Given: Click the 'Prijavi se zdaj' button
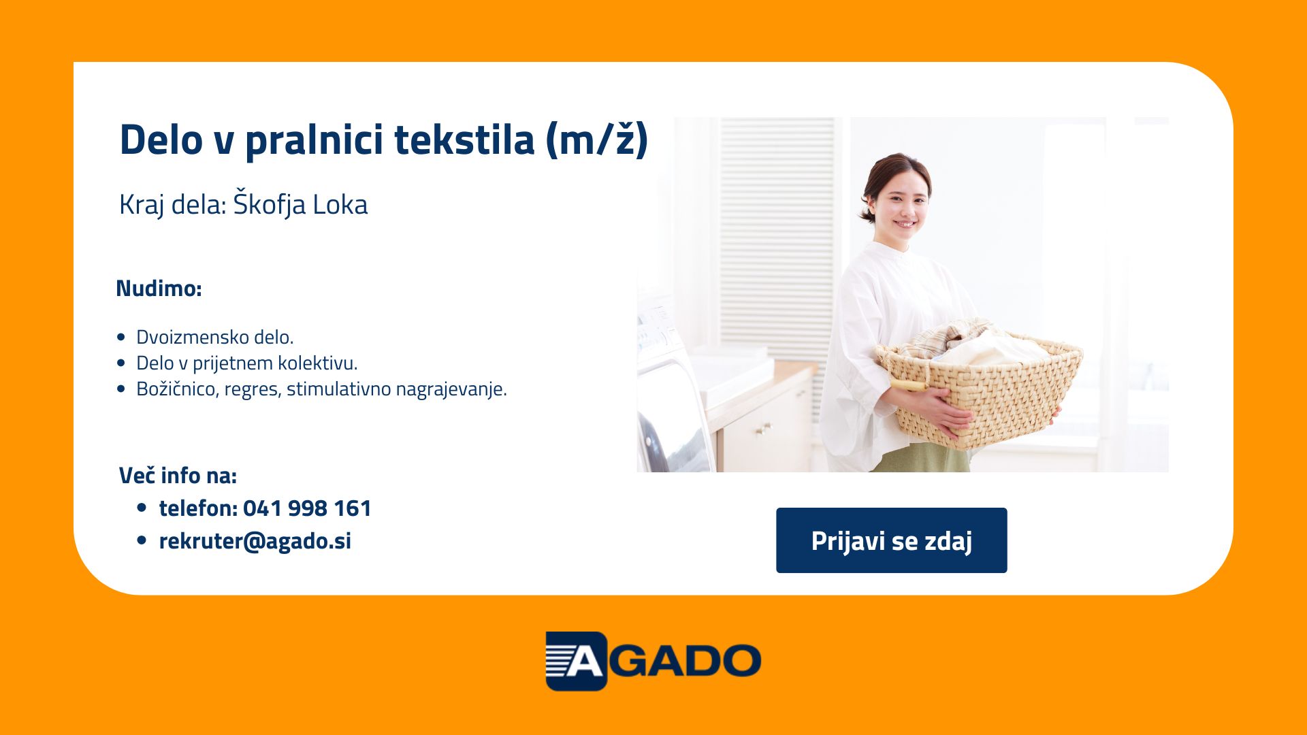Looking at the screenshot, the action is point(891,540).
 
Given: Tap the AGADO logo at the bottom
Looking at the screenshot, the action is point(653,661).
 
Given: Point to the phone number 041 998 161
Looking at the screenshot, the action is point(307,508).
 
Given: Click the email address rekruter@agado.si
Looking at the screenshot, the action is point(255,541).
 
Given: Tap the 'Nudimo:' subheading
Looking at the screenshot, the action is point(159,289).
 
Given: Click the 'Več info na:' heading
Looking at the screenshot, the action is point(178,475).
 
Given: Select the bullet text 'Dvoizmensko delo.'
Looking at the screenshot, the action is point(215,337).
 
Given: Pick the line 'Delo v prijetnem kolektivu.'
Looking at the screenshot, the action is point(247,363).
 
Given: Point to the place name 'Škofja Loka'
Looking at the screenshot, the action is point(300,204).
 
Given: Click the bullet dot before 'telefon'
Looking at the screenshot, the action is point(142,507).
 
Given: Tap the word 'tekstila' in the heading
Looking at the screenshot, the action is point(464,140).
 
